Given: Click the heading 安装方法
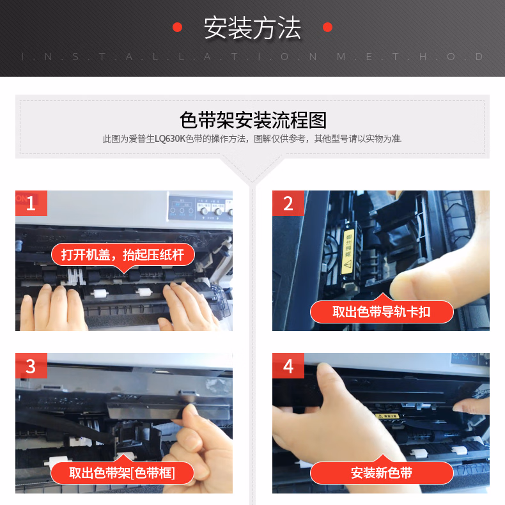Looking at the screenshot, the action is (x=252, y=28).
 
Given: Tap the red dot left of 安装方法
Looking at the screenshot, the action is (x=178, y=27).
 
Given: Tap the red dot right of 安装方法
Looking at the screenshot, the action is (x=327, y=27).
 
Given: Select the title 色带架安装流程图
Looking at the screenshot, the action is (x=253, y=120).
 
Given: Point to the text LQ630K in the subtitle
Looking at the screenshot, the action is (x=170, y=139).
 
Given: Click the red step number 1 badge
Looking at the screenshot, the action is (x=31, y=203).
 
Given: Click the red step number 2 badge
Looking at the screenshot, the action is (x=288, y=203).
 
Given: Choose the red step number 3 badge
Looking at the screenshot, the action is (x=31, y=366).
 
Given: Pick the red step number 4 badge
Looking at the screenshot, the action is (x=288, y=366).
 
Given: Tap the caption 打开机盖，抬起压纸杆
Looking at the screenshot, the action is (x=123, y=255).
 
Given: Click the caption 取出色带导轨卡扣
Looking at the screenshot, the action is (x=382, y=312).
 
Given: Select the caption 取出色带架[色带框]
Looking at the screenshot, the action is (x=122, y=473).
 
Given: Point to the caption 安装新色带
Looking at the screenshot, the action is (x=382, y=473).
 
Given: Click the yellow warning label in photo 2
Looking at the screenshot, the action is (x=348, y=252).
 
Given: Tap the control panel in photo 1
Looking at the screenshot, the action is (x=200, y=208).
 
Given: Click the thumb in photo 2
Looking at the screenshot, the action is (x=419, y=283).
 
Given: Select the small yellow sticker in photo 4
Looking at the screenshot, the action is (x=388, y=416).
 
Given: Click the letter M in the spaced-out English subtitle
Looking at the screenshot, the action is (x=341, y=57).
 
